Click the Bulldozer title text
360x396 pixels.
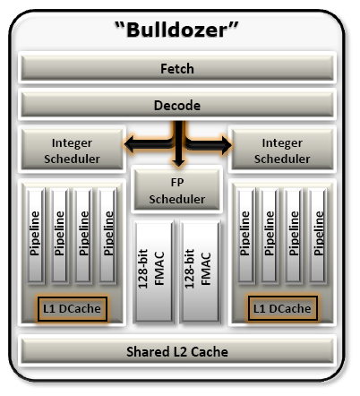point(176,30)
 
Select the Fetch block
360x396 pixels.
point(177,68)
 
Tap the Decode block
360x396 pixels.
point(177,105)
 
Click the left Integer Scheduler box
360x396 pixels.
point(72,150)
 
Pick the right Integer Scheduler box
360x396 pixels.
point(282,150)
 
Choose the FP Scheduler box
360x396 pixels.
point(177,189)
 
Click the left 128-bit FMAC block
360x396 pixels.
point(154,271)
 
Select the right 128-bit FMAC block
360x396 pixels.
point(201,271)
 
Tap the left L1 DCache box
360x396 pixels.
point(73,309)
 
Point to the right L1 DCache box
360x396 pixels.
point(282,309)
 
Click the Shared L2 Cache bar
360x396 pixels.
point(177,351)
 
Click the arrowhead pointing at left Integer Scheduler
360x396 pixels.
point(130,144)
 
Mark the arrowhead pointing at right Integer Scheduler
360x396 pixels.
point(227,145)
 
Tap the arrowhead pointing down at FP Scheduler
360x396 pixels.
point(178,162)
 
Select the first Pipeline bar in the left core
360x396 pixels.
point(36,236)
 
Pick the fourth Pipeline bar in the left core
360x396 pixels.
point(107,236)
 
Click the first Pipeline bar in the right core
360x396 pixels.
point(245,236)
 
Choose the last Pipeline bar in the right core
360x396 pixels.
point(318,236)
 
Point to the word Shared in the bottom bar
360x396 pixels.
point(148,351)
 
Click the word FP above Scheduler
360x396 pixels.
point(177,182)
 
